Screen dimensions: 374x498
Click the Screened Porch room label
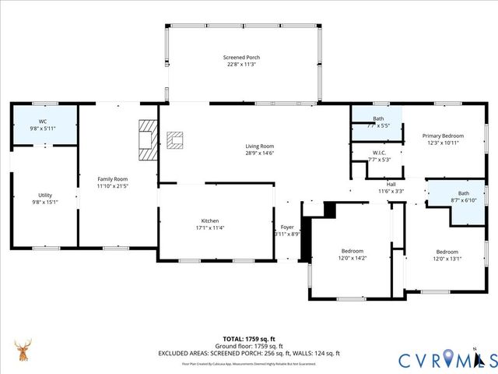click(241, 58)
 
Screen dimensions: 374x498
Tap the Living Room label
click(259, 146)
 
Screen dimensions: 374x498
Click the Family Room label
click(112, 178)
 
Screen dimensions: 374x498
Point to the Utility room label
click(45, 195)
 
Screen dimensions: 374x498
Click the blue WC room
click(44, 124)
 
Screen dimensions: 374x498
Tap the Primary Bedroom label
click(443, 135)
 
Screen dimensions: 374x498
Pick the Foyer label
click(287, 227)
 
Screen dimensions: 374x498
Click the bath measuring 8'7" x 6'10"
click(463, 197)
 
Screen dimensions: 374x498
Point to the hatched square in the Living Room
click(176, 140)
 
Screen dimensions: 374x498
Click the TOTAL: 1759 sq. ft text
click(249, 339)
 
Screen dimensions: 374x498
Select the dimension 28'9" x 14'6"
click(259, 153)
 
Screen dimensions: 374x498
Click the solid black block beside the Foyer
click(329, 210)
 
